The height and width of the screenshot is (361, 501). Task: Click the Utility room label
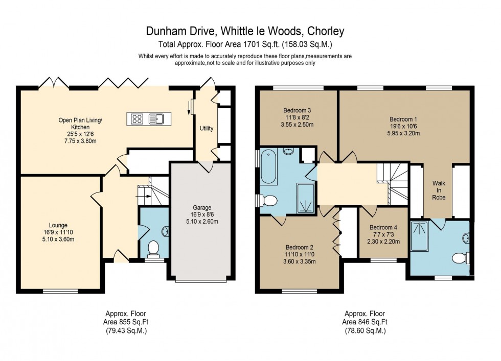[207, 128]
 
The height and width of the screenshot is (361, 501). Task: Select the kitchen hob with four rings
[137, 119]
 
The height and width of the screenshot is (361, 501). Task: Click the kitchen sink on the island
[155, 119]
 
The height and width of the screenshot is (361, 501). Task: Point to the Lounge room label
[58, 225]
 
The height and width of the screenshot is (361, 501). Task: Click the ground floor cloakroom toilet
[152, 249]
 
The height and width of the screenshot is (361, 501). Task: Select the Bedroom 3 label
[297, 110]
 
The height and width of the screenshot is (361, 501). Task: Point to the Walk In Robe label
[439, 189]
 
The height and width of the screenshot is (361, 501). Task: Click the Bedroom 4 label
[383, 227]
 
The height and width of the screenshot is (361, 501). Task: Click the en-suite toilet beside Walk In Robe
[461, 257]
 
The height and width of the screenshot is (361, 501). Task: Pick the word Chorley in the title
[326, 31]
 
